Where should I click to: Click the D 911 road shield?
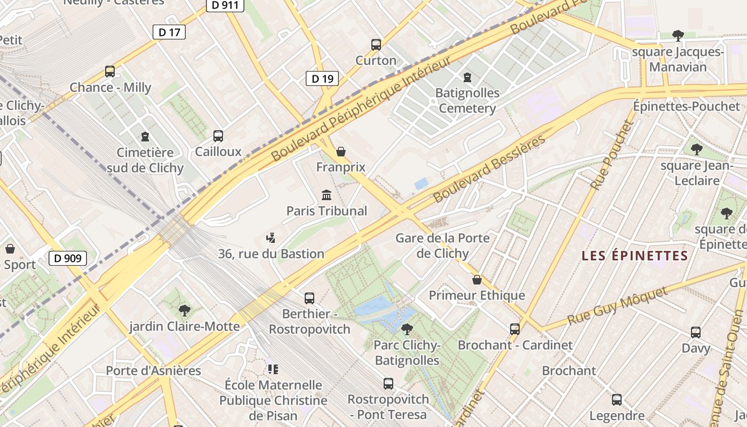click(225, 5)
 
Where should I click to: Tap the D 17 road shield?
click(169, 32)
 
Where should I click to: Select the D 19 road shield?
click(322, 79)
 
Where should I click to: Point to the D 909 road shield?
click(68, 259)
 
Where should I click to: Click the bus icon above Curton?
click(376, 45)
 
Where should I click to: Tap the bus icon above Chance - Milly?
click(110, 72)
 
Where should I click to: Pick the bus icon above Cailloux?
click(218, 136)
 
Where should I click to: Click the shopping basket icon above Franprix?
click(341, 152)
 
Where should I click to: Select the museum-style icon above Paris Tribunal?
click(327, 195)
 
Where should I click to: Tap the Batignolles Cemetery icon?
click(467, 77)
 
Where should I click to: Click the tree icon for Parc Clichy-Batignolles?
click(407, 329)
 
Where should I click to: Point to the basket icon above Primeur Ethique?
click(477, 280)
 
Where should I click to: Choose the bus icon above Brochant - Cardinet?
click(515, 329)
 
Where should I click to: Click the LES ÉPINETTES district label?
click(635, 256)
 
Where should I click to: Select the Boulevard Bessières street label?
click(489, 169)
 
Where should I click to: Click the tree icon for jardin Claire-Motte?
click(185, 311)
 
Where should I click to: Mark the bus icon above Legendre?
click(617, 400)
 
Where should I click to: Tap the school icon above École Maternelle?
click(273, 369)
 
